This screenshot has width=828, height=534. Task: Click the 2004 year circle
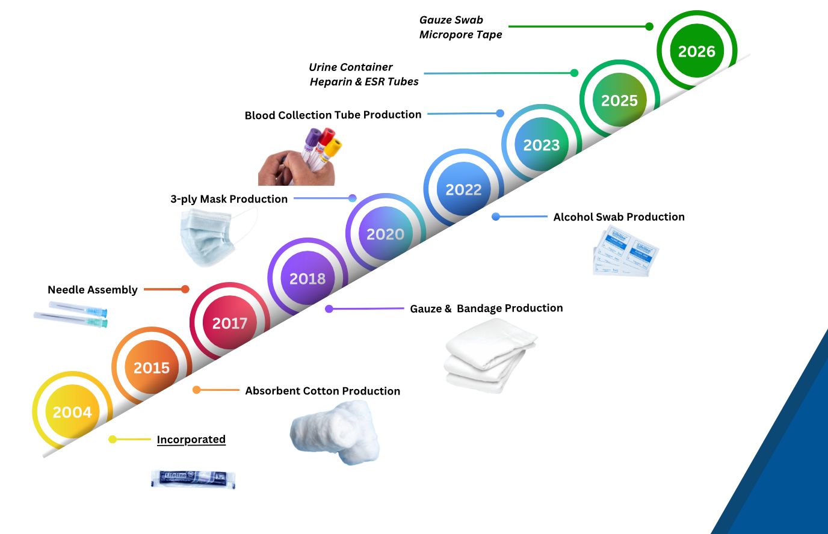click(72, 412)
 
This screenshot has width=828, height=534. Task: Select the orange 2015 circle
click(151, 367)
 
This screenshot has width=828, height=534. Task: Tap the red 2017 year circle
click(229, 323)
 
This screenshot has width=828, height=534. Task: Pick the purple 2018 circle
click(307, 278)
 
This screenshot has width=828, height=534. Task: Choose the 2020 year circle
click(385, 234)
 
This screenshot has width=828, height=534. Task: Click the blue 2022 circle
click(463, 189)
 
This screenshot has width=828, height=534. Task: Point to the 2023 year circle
click(541, 145)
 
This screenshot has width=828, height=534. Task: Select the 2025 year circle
click(619, 100)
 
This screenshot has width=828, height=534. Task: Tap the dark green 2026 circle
click(697, 52)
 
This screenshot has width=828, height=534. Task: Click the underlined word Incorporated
click(191, 440)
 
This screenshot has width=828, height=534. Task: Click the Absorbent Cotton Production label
click(323, 391)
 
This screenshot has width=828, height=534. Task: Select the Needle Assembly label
click(93, 290)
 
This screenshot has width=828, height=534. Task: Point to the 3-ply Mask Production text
click(229, 199)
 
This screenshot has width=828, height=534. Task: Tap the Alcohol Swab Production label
click(619, 217)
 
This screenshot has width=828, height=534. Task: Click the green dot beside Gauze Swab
click(649, 26)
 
